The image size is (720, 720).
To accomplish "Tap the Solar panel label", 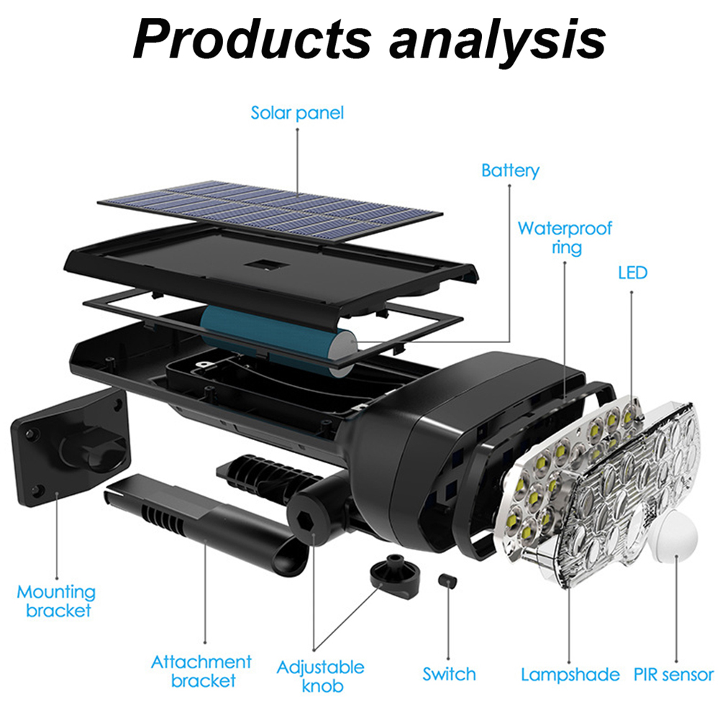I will click(x=297, y=113).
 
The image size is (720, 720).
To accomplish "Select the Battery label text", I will click(x=510, y=170).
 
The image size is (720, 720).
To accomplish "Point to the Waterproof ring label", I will click(x=565, y=238).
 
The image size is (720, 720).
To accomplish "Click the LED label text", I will click(x=632, y=273).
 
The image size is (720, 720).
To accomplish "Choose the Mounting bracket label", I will click(x=56, y=601).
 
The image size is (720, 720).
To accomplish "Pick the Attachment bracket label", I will click(x=201, y=670).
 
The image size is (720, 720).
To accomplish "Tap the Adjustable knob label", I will click(x=320, y=677).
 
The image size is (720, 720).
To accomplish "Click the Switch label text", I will click(x=449, y=674).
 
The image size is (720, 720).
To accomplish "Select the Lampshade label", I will click(x=570, y=675).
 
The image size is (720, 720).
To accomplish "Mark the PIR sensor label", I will click(x=674, y=675).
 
